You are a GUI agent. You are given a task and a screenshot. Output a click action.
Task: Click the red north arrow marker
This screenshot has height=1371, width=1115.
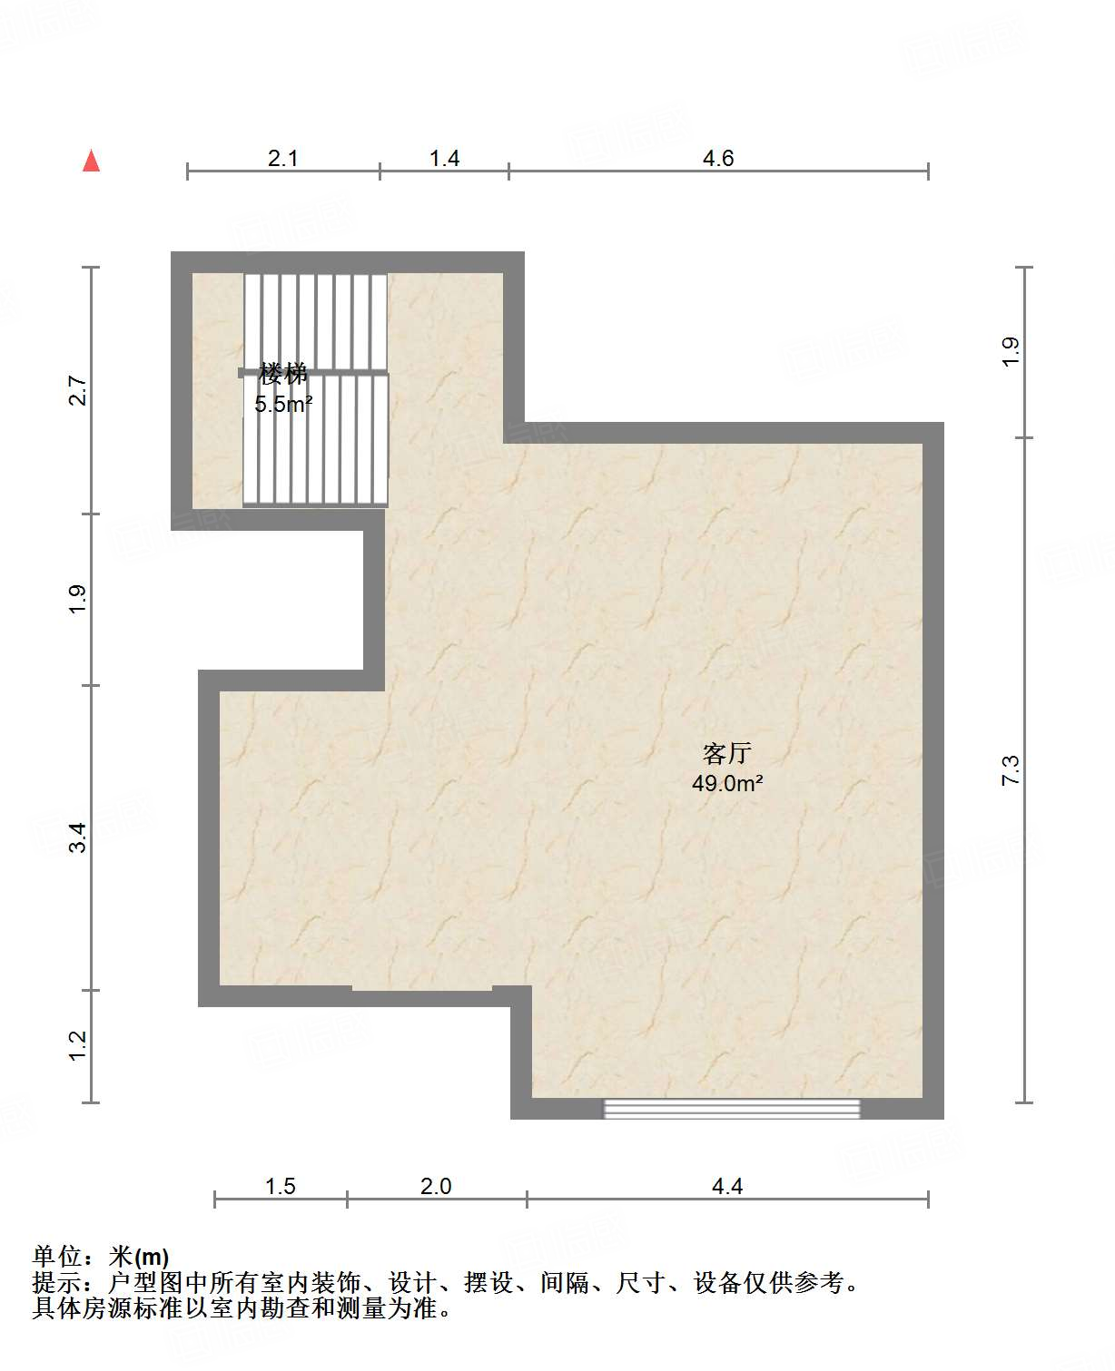[x=92, y=161]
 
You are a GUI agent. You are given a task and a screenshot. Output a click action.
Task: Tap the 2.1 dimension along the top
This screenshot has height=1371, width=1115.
[x=282, y=159]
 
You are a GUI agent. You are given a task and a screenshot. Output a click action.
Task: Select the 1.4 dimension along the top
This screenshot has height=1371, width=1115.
[x=444, y=159]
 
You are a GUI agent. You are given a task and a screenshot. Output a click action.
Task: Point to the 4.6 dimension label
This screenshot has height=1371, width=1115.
[x=718, y=159]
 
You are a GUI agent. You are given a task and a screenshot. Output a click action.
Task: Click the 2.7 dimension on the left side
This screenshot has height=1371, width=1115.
[x=77, y=390]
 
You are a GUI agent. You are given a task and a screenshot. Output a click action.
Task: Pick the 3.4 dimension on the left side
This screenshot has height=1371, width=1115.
[x=77, y=837]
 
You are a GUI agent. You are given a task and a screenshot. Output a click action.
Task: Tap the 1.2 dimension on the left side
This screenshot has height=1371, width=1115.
[x=77, y=1046]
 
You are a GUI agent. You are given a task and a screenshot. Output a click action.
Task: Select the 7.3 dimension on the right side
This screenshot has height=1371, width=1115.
[x=1011, y=769]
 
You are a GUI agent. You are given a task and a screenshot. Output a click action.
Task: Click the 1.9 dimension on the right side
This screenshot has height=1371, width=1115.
[x=1011, y=352]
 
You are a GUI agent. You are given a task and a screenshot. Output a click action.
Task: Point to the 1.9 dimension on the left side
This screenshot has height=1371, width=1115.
[x=77, y=599]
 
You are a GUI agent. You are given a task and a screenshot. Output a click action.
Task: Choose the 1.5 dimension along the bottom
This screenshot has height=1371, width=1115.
[x=281, y=1186]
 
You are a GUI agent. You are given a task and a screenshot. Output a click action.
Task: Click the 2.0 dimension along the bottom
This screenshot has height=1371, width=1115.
[x=436, y=1186]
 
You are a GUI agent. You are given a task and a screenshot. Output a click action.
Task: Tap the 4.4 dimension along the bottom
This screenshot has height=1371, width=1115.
[x=727, y=1186]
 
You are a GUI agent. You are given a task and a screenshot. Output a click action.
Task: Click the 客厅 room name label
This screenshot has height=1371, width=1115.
[x=727, y=754]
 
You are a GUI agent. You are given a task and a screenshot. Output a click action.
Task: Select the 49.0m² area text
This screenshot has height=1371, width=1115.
[x=727, y=783]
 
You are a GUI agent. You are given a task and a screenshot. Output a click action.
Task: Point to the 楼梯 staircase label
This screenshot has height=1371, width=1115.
[x=283, y=374]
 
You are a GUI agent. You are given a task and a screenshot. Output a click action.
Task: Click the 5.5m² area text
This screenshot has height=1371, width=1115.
[x=283, y=404]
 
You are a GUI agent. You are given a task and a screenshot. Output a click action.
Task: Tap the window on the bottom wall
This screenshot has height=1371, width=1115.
[x=732, y=1109]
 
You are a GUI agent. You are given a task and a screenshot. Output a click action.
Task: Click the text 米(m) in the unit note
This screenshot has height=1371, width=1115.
[x=139, y=1256]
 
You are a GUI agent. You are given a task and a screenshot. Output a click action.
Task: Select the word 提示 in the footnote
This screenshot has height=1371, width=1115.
[x=56, y=1282]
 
